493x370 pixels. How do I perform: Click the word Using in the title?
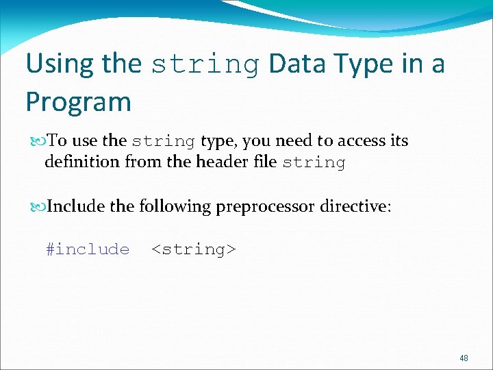(x=60, y=64)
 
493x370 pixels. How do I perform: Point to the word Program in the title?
(x=78, y=102)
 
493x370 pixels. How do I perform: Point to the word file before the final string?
(x=263, y=162)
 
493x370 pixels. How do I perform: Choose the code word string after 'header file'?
(x=314, y=163)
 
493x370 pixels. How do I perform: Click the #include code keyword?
(x=88, y=249)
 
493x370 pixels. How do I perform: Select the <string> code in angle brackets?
(x=194, y=249)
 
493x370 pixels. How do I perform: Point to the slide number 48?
(x=464, y=358)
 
